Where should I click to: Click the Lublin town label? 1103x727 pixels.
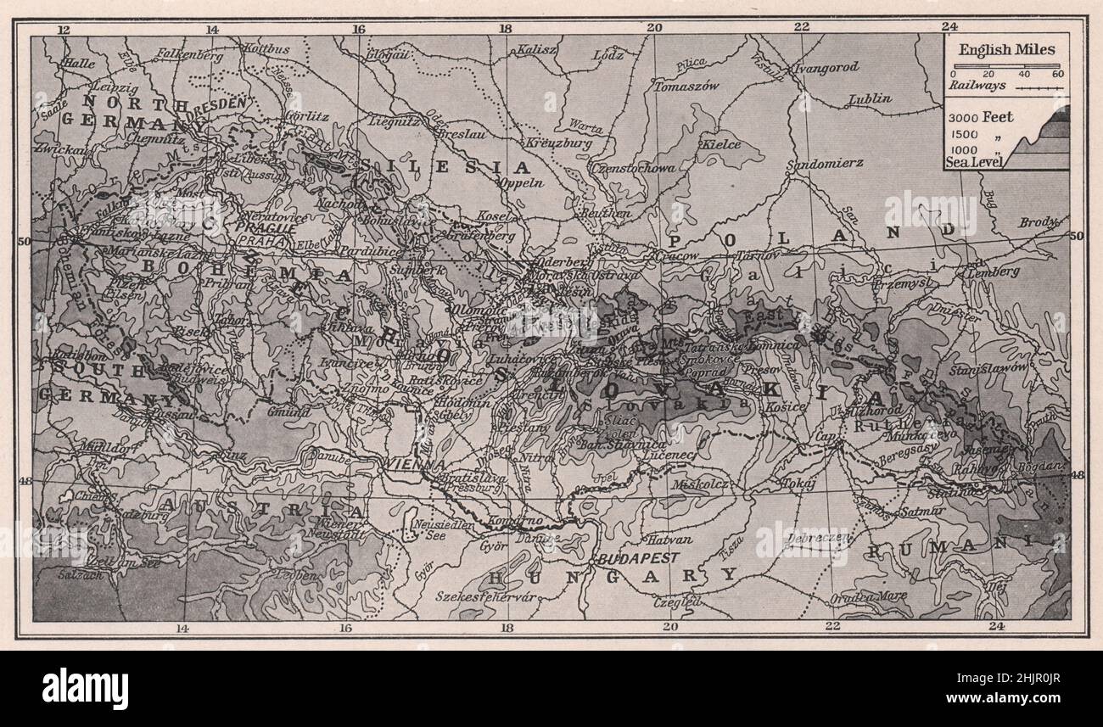869,98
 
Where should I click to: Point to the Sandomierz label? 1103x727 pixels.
814,161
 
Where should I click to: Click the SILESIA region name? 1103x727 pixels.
444,166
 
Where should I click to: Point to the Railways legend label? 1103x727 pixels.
977,85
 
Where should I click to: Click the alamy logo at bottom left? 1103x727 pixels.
85,687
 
